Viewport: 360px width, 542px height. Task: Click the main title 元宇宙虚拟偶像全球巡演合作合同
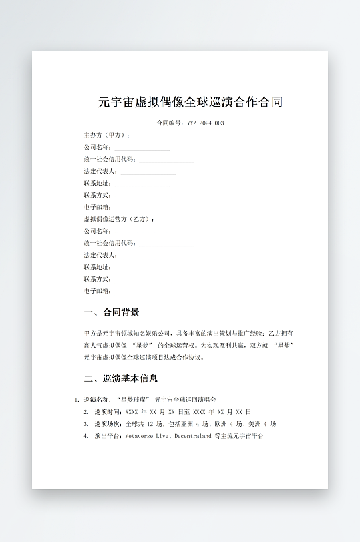click(190, 102)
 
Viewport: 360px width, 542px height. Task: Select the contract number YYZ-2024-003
click(206, 123)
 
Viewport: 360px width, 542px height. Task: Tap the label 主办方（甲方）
click(106, 135)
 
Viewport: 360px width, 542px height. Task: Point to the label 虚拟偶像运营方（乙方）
click(119, 219)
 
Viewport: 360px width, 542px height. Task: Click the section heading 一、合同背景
click(112, 312)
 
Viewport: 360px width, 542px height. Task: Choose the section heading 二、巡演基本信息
click(121, 378)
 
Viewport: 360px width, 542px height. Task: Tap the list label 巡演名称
click(96, 399)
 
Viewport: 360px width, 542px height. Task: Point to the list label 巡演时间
click(108, 411)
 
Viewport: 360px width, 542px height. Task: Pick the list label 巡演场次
click(108, 423)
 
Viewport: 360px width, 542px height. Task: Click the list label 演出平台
click(108, 435)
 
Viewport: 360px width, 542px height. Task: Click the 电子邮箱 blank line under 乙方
click(142, 292)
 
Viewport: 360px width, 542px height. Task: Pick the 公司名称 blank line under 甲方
click(142, 148)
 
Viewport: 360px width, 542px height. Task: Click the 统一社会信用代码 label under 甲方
click(110, 159)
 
